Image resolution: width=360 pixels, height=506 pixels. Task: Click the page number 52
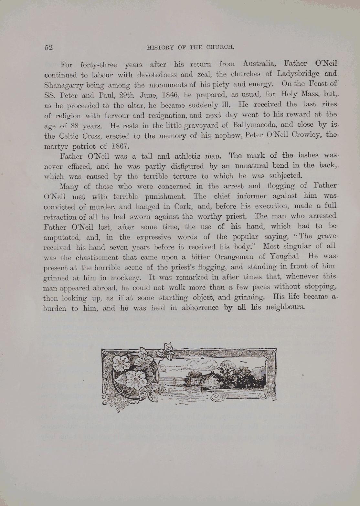click(x=48, y=47)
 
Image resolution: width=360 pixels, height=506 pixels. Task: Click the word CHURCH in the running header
click(x=220, y=47)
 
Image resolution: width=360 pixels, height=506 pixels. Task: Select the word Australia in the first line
click(x=259, y=63)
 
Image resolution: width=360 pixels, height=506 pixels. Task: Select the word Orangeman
click(x=234, y=257)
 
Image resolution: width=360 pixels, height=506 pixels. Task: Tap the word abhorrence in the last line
click(x=200, y=308)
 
